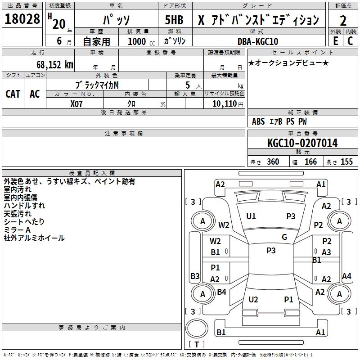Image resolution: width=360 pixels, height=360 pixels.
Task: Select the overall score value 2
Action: click(343, 20)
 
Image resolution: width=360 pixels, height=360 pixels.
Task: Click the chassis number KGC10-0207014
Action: click(302, 144)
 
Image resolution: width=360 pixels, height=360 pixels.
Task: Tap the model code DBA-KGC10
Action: click(257, 41)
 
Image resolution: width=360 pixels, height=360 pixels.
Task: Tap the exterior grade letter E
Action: click(335, 41)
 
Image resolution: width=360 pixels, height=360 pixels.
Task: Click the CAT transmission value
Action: click(13, 94)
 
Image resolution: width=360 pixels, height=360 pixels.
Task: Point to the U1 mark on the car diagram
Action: click(251, 216)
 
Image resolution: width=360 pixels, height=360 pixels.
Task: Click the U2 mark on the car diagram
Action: click(253, 300)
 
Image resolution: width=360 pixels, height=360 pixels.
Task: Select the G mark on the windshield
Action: click(284, 237)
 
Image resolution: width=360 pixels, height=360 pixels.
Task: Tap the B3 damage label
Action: click(195, 276)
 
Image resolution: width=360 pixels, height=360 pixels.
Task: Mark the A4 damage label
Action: click(346, 276)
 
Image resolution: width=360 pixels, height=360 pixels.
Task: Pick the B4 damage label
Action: click(221, 292)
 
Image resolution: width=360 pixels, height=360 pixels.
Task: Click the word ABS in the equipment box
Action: click(258, 121)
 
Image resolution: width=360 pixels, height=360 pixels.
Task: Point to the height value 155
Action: click(346, 162)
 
